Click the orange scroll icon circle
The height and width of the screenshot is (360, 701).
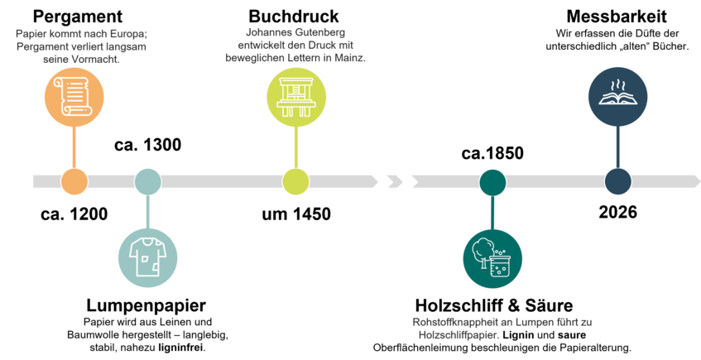pos(74,96)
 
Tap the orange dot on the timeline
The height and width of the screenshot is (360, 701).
pos(74,181)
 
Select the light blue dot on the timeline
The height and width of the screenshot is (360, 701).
pos(147,181)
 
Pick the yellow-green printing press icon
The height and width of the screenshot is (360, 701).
pos(295,96)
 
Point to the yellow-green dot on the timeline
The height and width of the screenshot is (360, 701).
pos(295,181)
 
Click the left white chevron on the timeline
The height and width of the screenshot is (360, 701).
pos(382,181)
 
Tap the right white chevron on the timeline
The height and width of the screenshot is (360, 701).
pos(406,181)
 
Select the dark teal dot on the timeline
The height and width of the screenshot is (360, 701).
pos(492,181)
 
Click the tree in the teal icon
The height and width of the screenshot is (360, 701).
pos(483,251)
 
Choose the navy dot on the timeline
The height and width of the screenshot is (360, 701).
pos(617,181)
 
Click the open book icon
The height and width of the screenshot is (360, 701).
pos(617,101)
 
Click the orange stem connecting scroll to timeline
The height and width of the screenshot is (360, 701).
pos(74,147)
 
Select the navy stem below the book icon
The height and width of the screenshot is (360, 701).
pos(617,147)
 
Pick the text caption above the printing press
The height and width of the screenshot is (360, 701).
pos(295,46)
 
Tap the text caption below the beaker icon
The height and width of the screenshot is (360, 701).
pos(502,328)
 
